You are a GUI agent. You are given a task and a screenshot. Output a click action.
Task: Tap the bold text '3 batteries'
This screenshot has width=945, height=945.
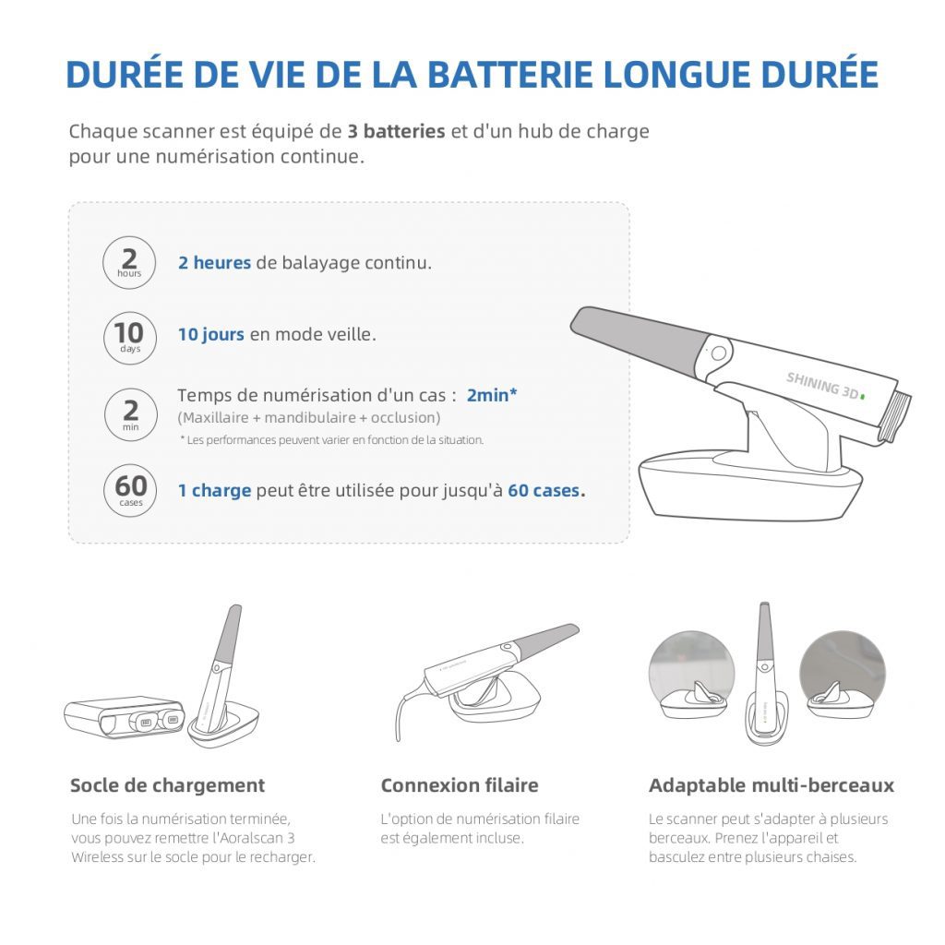point(396,130)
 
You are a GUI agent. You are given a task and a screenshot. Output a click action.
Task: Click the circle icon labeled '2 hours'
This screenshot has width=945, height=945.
point(129,263)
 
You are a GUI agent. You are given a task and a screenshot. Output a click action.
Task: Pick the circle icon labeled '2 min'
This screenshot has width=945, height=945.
point(129,413)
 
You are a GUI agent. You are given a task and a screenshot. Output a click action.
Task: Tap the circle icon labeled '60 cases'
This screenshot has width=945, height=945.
point(130,489)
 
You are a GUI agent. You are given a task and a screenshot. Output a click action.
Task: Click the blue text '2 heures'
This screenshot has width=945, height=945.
point(214,263)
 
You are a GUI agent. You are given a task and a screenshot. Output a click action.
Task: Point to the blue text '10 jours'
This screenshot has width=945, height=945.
point(211,334)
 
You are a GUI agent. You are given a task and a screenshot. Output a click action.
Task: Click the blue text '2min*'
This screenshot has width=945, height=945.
point(491,395)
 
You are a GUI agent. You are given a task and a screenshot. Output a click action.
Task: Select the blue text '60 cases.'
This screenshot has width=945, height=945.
point(545,490)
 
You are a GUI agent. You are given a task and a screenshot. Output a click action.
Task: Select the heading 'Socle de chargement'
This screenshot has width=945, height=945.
point(167,785)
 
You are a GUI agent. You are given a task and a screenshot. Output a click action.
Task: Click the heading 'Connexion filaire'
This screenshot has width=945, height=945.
point(460,785)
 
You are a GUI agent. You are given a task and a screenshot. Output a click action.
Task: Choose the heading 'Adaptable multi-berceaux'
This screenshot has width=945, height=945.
point(772,785)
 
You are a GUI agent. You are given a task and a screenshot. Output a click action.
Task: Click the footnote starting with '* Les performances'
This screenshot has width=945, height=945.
point(331,440)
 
